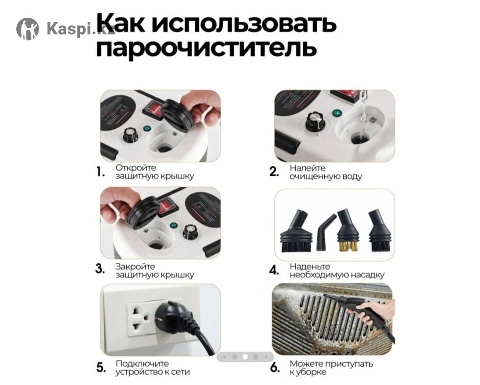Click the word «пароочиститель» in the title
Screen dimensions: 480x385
[206, 48]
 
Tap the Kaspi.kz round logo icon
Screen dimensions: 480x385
[28, 29]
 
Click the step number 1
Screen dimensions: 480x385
[100, 172]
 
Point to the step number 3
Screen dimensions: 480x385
[100, 269]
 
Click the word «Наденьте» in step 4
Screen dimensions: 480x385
[310, 267]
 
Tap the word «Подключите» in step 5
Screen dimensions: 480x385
[142, 364]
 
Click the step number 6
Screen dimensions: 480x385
[275, 367]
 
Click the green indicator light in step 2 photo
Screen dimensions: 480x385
[337, 113]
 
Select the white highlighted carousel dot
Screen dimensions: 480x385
[245, 356]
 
